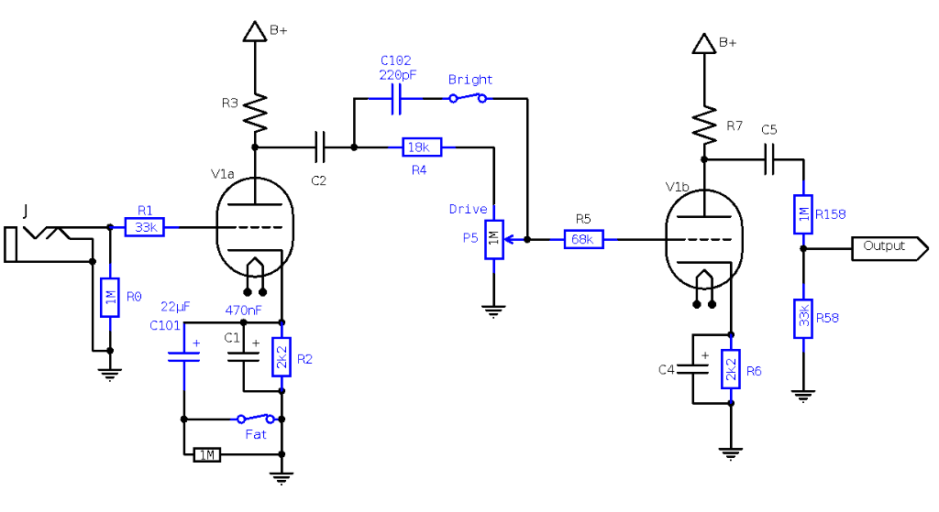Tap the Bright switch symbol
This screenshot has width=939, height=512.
pyautogui.click(x=468, y=98)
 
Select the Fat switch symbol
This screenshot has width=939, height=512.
pyautogui.click(x=257, y=419)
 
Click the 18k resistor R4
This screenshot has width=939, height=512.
pyautogui.click(x=422, y=147)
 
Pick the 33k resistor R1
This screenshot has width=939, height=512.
pyautogui.click(x=144, y=227)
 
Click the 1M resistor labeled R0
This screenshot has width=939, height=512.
pyautogui.click(x=110, y=298)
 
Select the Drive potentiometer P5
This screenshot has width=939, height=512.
pyautogui.click(x=494, y=240)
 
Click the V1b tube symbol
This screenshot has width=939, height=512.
pyautogui.click(x=704, y=240)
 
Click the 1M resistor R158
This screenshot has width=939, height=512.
pyautogui.click(x=802, y=213)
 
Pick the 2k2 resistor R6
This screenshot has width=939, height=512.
pyautogui.click(x=731, y=369)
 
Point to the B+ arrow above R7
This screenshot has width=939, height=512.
pyautogui.click(x=704, y=43)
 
